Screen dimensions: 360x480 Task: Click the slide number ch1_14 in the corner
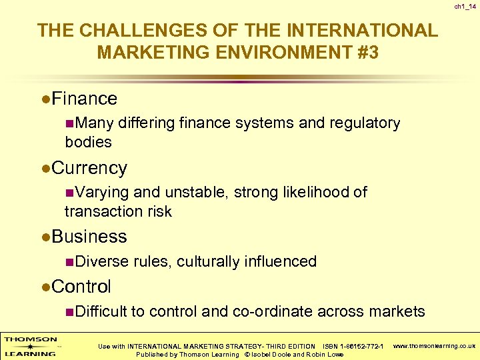pyautogui.click(x=465, y=7)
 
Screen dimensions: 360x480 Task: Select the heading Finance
pyautogui.click(x=84, y=99)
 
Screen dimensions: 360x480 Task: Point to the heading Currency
pyautogui.click(x=89, y=168)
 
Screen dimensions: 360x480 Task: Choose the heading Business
pyautogui.click(x=89, y=237)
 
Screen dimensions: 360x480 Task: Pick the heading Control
pyautogui.click(x=81, y=287)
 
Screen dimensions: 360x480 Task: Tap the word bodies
pyautogui.click(x=88, y=142)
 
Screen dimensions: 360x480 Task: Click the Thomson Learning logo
pyautogui.click(x=31, y=346)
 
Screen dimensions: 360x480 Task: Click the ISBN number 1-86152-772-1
pyautogui.click(x=359, y=346)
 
